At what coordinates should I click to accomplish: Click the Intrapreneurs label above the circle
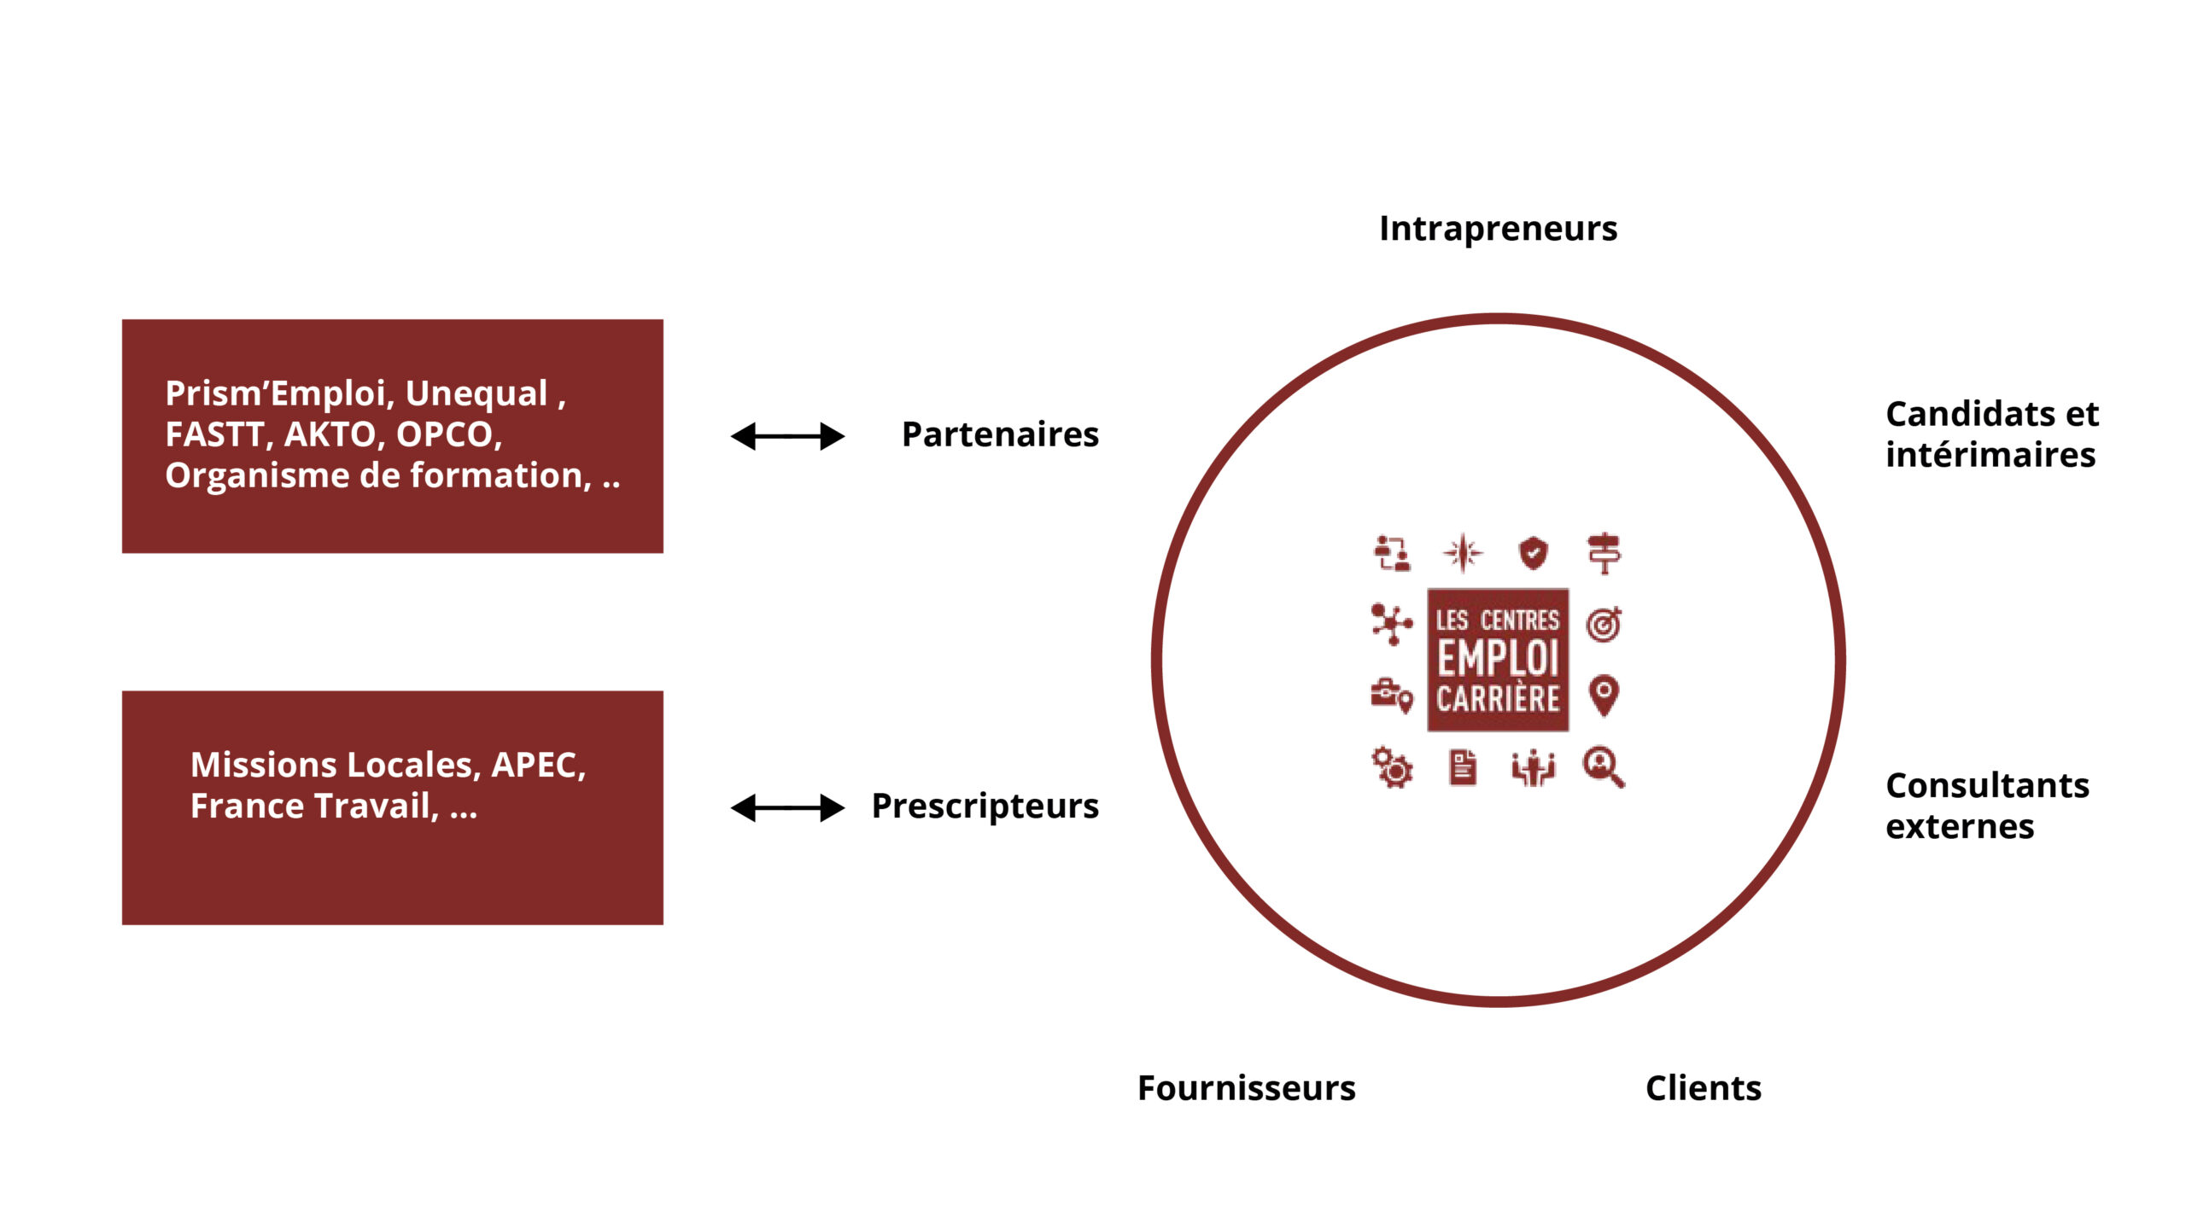[1498, 229]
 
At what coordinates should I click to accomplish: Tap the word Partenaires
[1000, 434]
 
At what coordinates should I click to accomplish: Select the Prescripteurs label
[985, 806]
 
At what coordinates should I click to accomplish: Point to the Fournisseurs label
[1246, 1088]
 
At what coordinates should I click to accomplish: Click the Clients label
[1703, 1088]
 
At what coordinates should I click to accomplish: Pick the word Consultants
[1987, 785]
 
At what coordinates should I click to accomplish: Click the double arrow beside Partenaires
[787, 436]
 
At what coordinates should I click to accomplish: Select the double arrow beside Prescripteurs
[787, 807]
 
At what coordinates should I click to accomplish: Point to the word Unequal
[476, 393]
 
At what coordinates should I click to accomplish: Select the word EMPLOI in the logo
[1498, 658]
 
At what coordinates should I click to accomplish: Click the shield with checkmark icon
[1534, 553]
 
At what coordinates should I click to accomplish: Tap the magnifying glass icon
[1604, 766]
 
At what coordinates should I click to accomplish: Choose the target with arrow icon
[1604, 625]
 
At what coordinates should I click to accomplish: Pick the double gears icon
[1392, 767]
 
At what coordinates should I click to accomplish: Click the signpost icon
[1604, 553]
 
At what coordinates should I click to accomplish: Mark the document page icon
[1463, 767]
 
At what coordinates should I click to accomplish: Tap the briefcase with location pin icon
[1392, 695]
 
